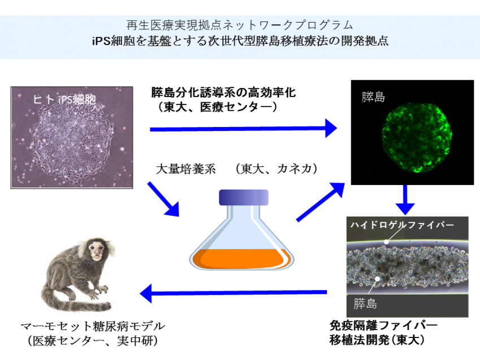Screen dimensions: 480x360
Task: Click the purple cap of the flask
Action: [x=244, y=197]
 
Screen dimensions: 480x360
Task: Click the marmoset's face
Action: [x=97, y=250]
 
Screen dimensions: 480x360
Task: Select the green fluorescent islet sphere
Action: [x=417, y=138]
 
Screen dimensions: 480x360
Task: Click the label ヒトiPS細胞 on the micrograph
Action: [x=64, y=99]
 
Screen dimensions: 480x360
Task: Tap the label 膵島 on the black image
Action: [x=373, y=97]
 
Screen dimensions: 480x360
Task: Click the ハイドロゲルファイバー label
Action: [x=402, y=225]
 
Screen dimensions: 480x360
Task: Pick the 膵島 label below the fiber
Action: [x=365, y=304]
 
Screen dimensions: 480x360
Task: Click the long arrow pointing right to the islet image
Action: [x=243, y=129]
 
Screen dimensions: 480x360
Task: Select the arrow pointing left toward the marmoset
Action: [x=233, y=293]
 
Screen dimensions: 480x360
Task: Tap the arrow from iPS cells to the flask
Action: [x=163, y=199]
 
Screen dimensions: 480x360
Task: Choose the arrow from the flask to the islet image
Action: [x=321, y=202]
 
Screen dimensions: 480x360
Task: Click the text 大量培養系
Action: [x=186, y=169]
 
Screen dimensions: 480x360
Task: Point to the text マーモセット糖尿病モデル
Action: [x=93, y=326]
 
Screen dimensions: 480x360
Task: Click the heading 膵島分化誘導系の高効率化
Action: [x=224, y=93]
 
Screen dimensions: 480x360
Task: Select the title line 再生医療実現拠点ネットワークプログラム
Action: [x=239, y=25]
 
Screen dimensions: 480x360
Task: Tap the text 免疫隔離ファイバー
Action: [x=383, y=326]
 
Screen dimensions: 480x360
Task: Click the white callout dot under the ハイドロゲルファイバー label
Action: [x=386, y=242]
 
